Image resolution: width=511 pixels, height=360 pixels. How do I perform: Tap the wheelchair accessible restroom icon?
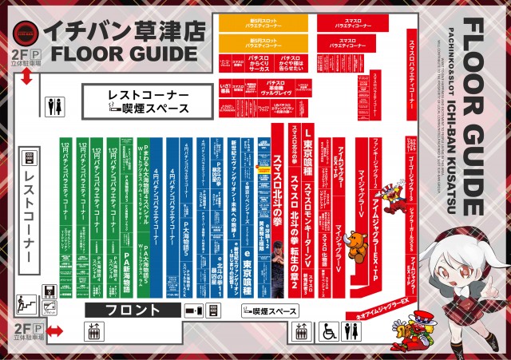[x=328, y=331]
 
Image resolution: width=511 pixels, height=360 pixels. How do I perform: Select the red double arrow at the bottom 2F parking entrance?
[x=53, y=330]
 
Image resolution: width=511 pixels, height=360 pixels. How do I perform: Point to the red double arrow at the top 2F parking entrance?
[x=27, y=77]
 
